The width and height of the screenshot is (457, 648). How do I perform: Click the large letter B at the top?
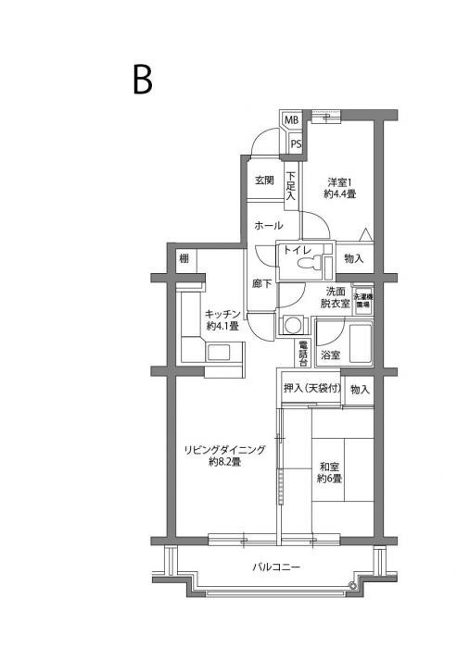142,81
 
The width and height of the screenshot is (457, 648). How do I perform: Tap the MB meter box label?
291,120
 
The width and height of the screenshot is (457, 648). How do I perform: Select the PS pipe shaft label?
296,143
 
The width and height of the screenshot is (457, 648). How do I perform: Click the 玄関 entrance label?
264,181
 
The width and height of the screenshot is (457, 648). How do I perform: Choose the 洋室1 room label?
340,188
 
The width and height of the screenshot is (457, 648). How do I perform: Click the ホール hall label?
268,226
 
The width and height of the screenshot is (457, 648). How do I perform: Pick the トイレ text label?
297,250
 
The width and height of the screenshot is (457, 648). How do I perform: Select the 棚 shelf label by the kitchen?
184,258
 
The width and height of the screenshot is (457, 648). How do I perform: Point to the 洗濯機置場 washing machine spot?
362,299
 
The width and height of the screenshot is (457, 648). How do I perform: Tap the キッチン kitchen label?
222,319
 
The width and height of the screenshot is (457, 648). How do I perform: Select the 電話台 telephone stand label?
303,353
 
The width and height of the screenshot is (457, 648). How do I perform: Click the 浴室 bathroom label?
330,355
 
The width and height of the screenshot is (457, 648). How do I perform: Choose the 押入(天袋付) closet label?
312,390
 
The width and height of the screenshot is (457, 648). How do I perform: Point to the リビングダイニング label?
224,455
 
